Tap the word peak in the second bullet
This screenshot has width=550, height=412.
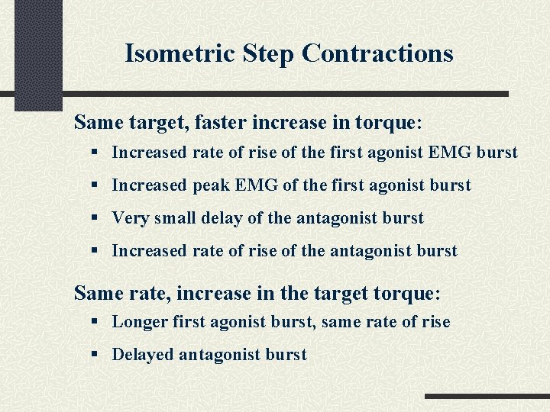(210, 185)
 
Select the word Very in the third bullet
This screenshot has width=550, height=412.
(131, 218)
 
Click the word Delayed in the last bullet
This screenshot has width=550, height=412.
(143, 355)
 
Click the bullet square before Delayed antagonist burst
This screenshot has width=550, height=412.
(93, 355)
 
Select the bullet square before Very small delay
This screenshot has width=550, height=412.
(93, 218)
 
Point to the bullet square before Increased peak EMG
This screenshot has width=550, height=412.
(93, 185)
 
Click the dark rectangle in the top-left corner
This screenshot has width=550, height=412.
(39, 53)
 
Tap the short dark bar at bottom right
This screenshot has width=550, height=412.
(487, 397)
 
